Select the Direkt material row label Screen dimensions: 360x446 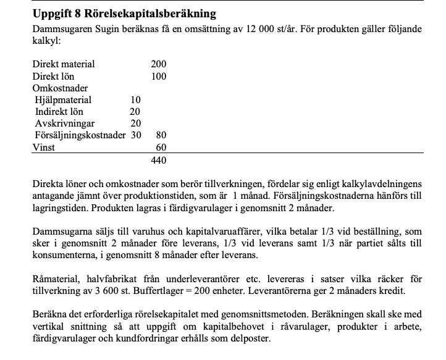(x=64, y=64)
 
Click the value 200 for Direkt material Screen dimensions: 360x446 (x=158, y=64)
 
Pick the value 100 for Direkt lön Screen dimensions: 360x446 (x=158, y=77)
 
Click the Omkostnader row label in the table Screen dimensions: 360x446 (x=60, y=88)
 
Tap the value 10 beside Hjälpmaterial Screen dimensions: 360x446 (x=135, y=100)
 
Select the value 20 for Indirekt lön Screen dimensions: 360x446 (x=135, y=112)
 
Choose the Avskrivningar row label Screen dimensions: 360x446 (x=65, y=123)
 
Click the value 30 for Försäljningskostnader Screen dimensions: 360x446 (x=135, y=135)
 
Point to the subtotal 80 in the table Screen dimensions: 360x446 (x=161, y=135)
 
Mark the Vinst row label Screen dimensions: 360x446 (x=44, y=148)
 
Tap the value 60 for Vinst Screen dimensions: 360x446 (x=161, y=148)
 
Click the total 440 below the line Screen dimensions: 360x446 (x=158, y=161)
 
